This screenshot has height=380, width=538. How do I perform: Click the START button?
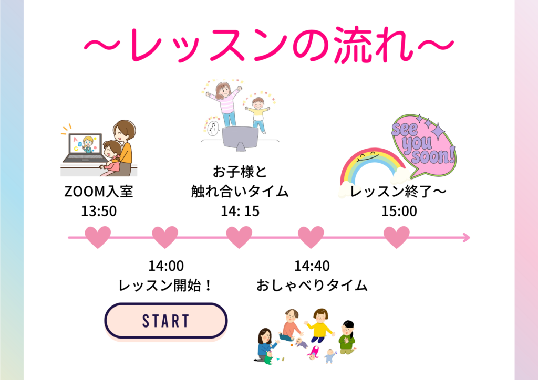coord(165,321)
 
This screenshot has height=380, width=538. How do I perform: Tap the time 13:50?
coord(99,211)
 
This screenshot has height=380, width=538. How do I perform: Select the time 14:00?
coord(166,266)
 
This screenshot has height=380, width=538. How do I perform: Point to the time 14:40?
coord(312,266)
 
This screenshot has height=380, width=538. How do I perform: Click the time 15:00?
coord(399,211)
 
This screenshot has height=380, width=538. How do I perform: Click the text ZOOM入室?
coord(99,191)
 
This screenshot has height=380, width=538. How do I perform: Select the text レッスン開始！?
coord(165,286)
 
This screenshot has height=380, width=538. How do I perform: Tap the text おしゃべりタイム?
coord(312,286)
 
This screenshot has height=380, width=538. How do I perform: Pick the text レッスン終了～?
coord(398,191)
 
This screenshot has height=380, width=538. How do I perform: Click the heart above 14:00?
coord(165,236)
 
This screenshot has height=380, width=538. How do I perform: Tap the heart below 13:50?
coord(98,236)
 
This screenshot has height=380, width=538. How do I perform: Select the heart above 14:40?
coord(311,236)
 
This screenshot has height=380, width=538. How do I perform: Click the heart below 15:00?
coord(397,236)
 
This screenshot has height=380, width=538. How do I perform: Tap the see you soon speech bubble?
coord(424,145)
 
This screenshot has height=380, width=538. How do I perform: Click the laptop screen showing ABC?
coord(86,144)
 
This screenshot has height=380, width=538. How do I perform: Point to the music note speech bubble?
coord(212,127)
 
